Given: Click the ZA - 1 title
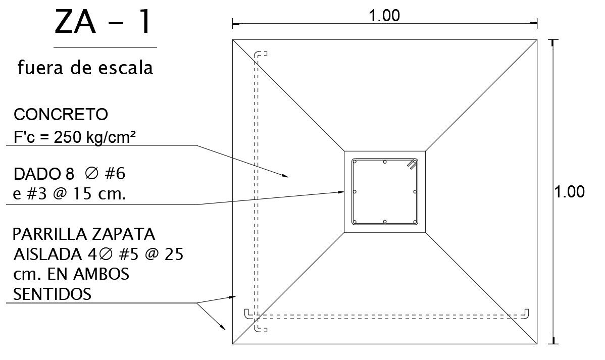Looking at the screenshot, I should click(103, 23).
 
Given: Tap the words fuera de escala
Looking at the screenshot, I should click(85, 67).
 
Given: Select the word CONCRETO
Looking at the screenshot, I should click(61, 115).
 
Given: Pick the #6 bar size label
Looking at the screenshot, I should click(114, 174).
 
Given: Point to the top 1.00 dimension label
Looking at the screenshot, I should click(384, 16).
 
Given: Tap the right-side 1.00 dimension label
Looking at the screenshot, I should click(570, 192).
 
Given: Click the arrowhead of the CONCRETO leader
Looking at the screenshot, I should click(285, 176).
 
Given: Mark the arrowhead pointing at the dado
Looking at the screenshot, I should click(341, 191).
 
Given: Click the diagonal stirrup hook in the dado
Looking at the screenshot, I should click(412, 164).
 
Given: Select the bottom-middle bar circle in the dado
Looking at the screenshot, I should click(385, 222).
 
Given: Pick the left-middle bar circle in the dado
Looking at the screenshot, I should click(355, 192).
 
